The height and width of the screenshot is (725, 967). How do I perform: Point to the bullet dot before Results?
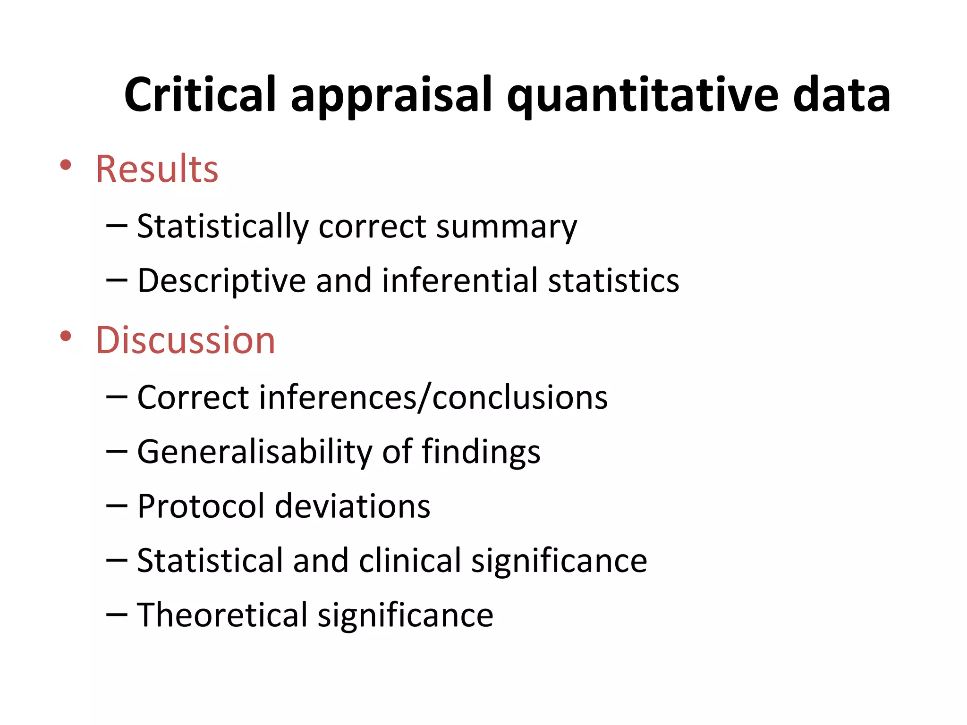[x=66, y=165]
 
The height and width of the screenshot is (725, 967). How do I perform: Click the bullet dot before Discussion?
[x=66, y=337]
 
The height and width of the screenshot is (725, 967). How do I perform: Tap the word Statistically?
[x=222, y=228]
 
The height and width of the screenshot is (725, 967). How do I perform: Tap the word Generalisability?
[x=254, y=453]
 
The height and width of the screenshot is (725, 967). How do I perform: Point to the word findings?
[x=480, y=453]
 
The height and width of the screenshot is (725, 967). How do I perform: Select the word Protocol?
[x=201, y=506]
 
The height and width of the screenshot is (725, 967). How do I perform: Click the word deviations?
[x=352, y=506]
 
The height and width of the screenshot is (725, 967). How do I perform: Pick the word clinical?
[x=410, y=560]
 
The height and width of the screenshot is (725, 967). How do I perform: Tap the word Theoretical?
[x=222, y=615]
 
